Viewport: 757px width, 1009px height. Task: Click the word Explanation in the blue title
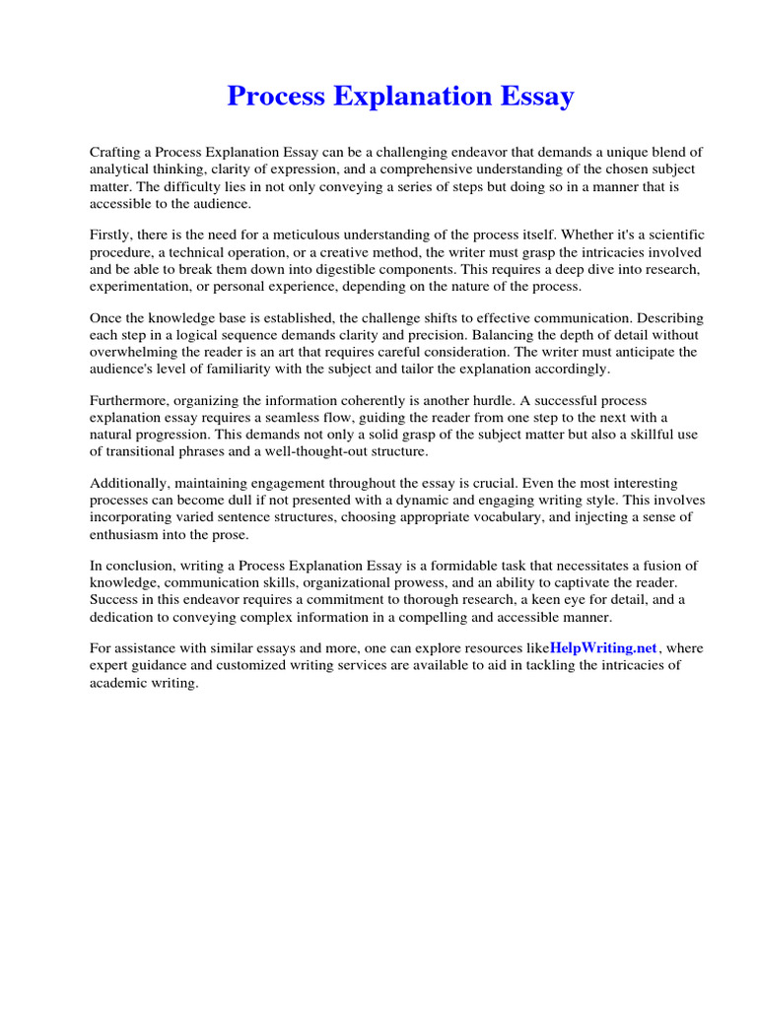point(401,97)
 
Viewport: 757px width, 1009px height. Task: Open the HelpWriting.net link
point(603,647)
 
